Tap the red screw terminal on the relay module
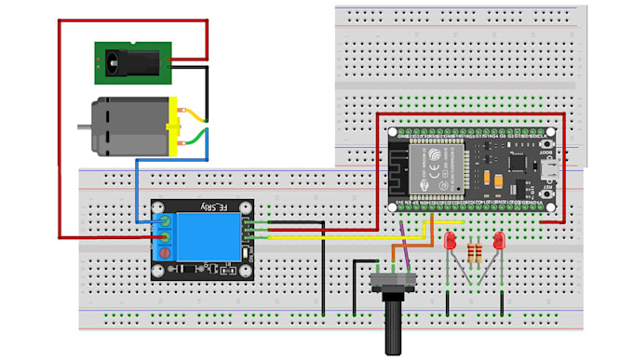tap(166, 253)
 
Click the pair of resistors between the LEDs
tap(475, 252)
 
